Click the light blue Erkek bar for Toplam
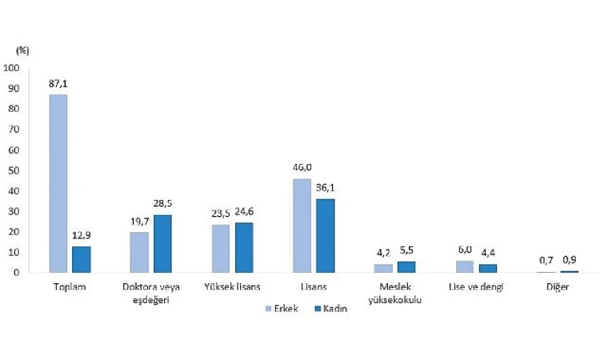point(58,183)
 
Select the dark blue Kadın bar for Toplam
point(82,259)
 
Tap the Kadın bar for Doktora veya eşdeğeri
point(162,243)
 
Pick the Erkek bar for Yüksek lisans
point(220,248)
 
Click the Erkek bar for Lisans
point(302,226)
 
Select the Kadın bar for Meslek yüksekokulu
point(406,266)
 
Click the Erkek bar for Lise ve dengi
point(464,266)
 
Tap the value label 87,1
point(58,83)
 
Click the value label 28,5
point(162,203)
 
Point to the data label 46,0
point(302,168)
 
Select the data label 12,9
point(82,235)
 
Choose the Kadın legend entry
point(330,309)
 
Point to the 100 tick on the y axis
point(13,68)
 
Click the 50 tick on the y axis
point(15,170)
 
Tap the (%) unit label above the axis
point(22,50)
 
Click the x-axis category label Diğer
point(557,286)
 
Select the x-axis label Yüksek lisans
point(232,286)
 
